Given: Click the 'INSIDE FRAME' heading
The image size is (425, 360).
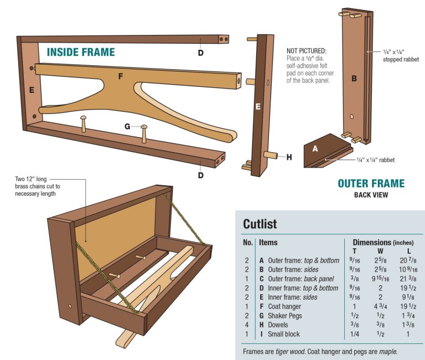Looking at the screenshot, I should (81, 53).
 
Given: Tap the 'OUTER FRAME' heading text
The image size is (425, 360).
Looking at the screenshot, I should (371, 184).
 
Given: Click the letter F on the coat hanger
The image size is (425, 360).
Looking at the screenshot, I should (120, 76).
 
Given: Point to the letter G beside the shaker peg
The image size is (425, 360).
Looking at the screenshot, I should (127, 127).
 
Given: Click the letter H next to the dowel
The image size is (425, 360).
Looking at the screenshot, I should (289, 157).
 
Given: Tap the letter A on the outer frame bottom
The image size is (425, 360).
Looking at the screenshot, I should (315, 148).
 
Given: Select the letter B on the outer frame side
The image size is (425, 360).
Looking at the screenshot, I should (354, 79).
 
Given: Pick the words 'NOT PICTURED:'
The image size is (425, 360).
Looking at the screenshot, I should (307, 50).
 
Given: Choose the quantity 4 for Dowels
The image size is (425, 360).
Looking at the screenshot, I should (246, 325).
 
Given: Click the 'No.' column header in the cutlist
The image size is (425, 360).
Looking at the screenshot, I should (247, 242).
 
